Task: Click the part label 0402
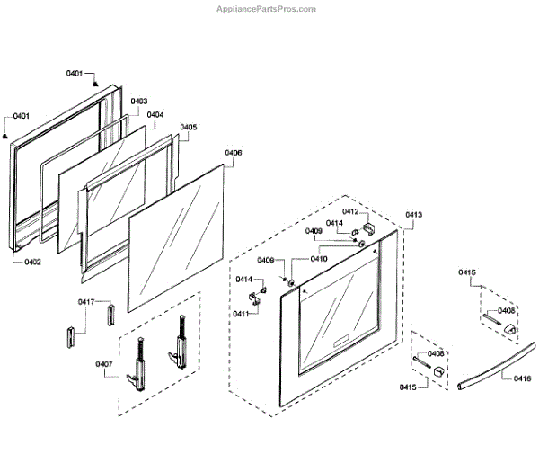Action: pos(32,262)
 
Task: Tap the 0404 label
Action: pos(155,115)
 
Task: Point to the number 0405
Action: pos(188,128)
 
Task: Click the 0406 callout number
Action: pos(233,153)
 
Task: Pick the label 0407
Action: pos(104,364)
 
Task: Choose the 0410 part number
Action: pos(319,259)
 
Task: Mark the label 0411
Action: pos(241,313)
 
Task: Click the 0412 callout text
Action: pos(349,211)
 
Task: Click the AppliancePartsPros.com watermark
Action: pos(267,8)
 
